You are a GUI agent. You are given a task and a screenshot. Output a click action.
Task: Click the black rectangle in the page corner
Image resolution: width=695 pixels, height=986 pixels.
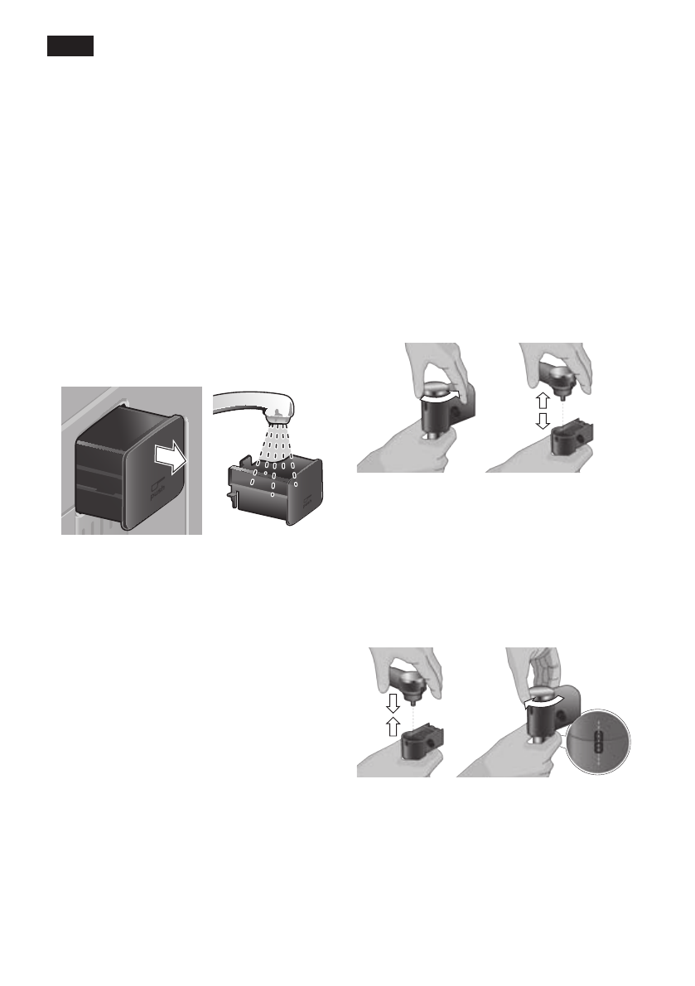click(70, 46)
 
